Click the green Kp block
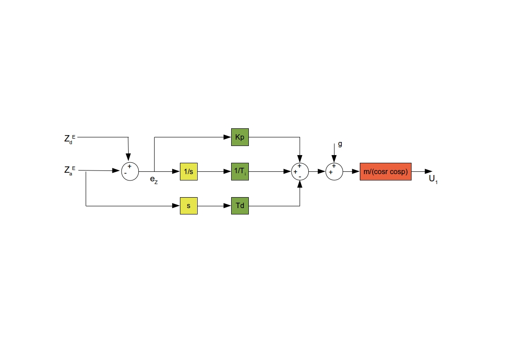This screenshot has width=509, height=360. (240, 137)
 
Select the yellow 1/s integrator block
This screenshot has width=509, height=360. (189, 171)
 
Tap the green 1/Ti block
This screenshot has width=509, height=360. (240, 171)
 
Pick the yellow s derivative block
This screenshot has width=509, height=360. (189, 206)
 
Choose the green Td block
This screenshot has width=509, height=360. (240, 206)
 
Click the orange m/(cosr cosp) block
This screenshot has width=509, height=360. (386, 171)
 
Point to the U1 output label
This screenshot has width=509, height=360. (433, 179)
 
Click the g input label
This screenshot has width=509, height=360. (340, 144)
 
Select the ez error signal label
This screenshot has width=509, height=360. (154, 180)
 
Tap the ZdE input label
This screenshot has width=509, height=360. (70, 139)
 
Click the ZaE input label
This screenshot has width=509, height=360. (70, 170)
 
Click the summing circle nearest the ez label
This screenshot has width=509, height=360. (130, 172)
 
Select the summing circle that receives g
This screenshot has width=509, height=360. (334, 172)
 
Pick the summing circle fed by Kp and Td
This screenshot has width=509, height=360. (300, 172)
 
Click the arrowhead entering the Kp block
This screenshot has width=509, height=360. (227, 137)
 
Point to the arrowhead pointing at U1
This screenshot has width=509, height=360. (428, 171)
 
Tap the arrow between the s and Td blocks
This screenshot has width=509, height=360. (214, 206)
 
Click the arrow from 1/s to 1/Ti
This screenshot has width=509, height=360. (214, 171)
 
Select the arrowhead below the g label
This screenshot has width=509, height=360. (334, 159)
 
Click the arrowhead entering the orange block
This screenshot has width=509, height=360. (356, 171)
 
